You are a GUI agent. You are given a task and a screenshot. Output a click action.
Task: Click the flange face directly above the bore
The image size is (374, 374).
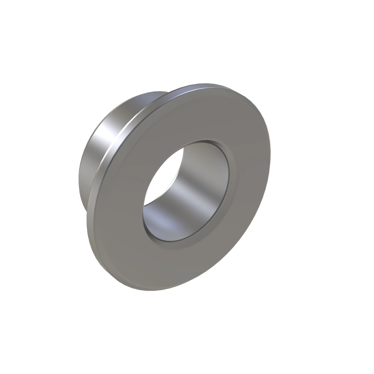pos(199,115)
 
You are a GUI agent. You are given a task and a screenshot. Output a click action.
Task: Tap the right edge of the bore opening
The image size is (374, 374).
pos(229,181)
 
